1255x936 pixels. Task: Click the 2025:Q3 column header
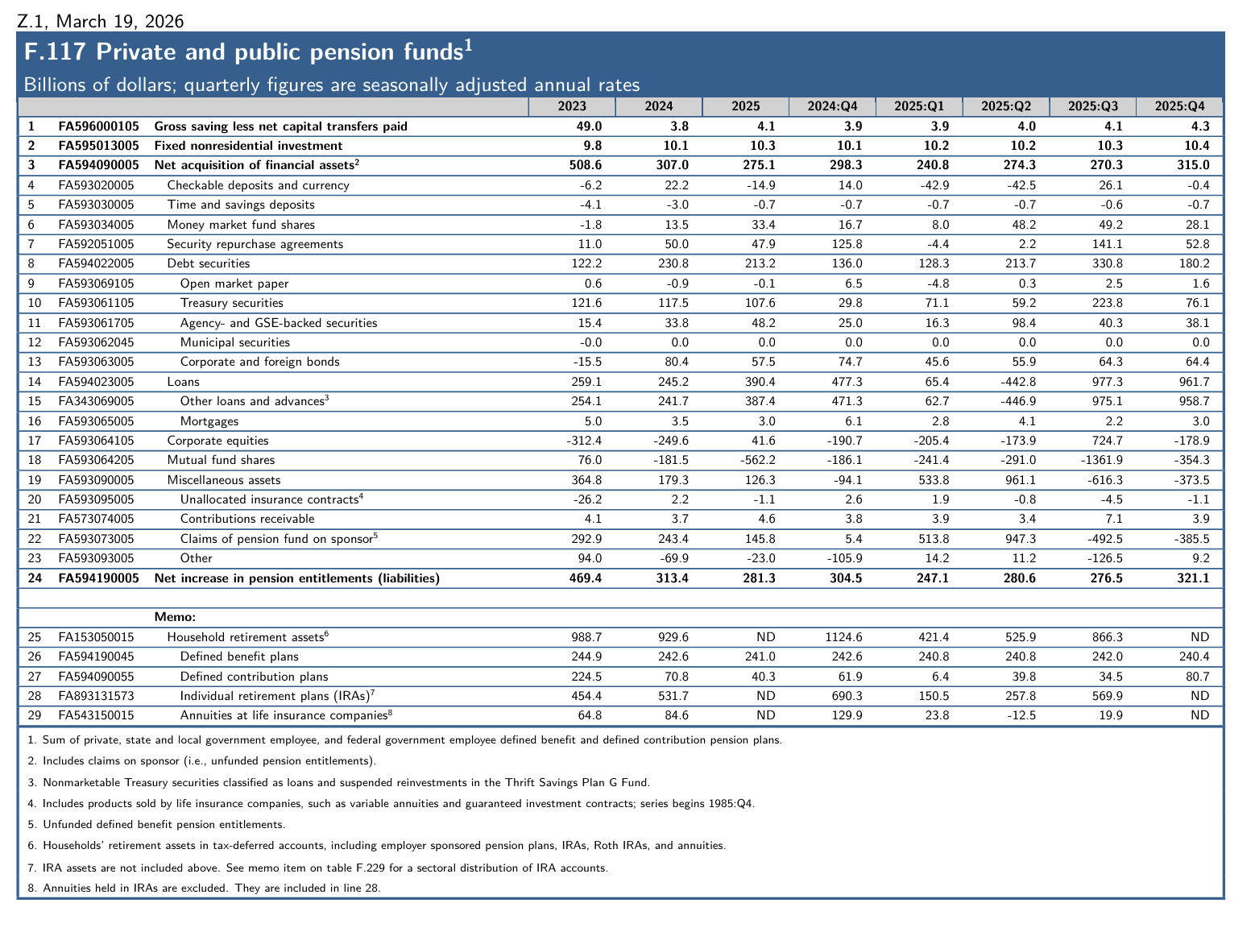(1092, 106)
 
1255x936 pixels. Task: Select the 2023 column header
(572, 106)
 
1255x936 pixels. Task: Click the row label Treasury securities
(231, 303)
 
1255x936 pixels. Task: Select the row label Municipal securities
(234, 342)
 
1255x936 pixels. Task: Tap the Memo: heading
(175, 617)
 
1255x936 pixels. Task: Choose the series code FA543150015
(97, 715)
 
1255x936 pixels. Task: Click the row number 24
(34, 578)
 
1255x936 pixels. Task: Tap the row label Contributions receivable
(247, 519)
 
